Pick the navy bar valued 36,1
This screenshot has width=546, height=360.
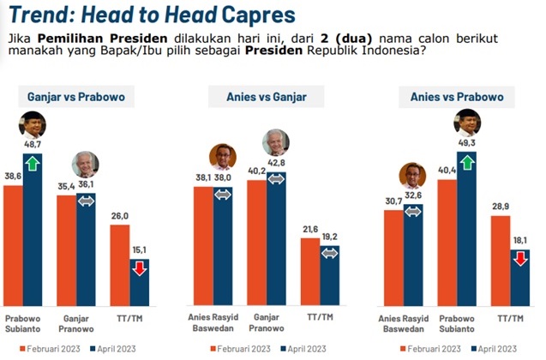[x=86, y=249]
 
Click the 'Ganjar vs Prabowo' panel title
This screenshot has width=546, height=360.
[x=76, y=97]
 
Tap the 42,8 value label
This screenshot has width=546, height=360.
[x=277, y=163]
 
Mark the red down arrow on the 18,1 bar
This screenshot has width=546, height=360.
[x=519, y=257]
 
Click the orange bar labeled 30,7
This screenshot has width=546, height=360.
[x=393, y=257]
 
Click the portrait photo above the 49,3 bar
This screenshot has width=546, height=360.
[x=466, y=123]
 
